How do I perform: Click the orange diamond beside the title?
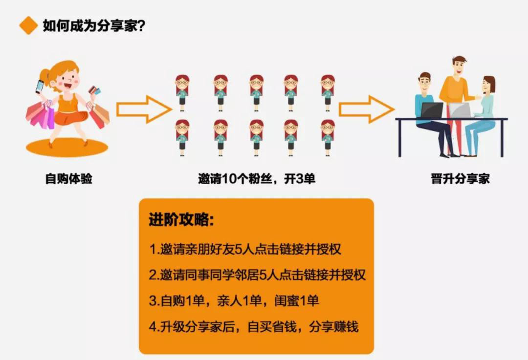click(28, 25)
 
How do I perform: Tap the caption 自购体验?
click(69, 179)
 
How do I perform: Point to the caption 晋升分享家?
click(460, 179)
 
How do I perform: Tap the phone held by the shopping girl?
click(40, 86)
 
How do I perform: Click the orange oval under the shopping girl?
click(66, 147)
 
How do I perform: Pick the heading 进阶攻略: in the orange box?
click(181, 220)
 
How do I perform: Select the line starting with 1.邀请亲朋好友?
click(245, 249)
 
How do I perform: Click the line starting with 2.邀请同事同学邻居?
click(257, 275)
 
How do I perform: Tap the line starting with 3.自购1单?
click(234, 300)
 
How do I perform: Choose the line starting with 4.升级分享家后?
click(254, 326)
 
